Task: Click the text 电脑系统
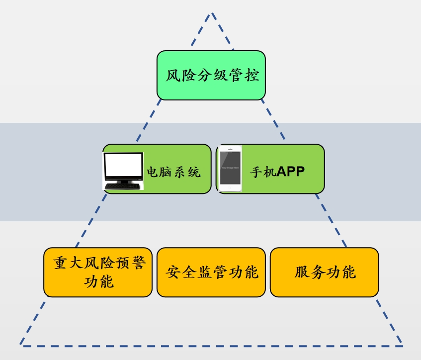point(173,173)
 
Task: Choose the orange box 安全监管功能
point(211,272)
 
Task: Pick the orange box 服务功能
point(324,272)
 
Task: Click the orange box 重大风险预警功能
point(97,272)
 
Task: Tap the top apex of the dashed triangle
point(212,13)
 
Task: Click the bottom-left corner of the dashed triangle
point(21,345)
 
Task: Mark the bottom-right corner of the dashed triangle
point(402,346)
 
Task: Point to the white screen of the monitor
point(123,166)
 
